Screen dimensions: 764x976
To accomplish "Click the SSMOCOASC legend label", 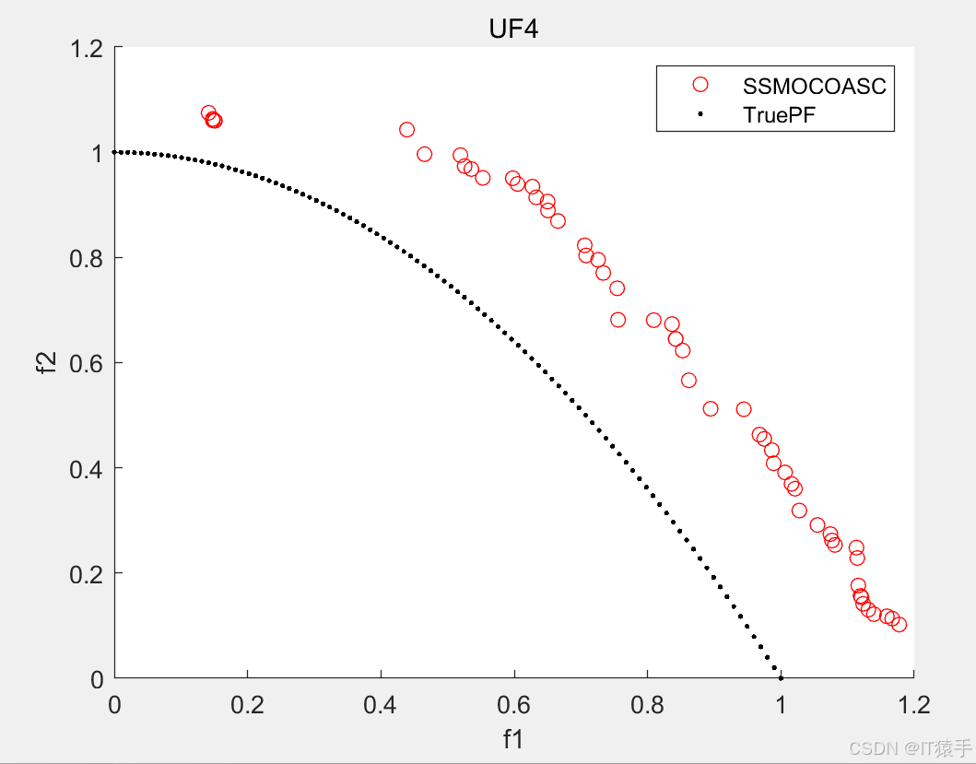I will pyautogui.click(x=814, y=87).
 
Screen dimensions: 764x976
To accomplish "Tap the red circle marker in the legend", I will pyautogui.click(x=700, y=85).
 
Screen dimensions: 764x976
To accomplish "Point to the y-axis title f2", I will pyautogui.click(x=51, y=361).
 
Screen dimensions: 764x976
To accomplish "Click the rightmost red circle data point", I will pyautogui.click(x=899, y=624).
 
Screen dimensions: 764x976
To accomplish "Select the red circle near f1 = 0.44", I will pyautogui.click(x=406, y=130).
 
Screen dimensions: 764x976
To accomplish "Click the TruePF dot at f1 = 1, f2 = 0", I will pyautogui.click(x=781, y=678).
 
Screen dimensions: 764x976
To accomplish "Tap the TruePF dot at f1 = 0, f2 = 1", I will pyautogui.click(x=114, y=152).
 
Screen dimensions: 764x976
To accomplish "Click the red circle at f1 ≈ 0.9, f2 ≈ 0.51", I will pyautogui.click(x=710, y=408).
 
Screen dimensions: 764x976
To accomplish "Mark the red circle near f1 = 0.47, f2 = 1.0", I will pyautogui.click(x=424, y=154).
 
